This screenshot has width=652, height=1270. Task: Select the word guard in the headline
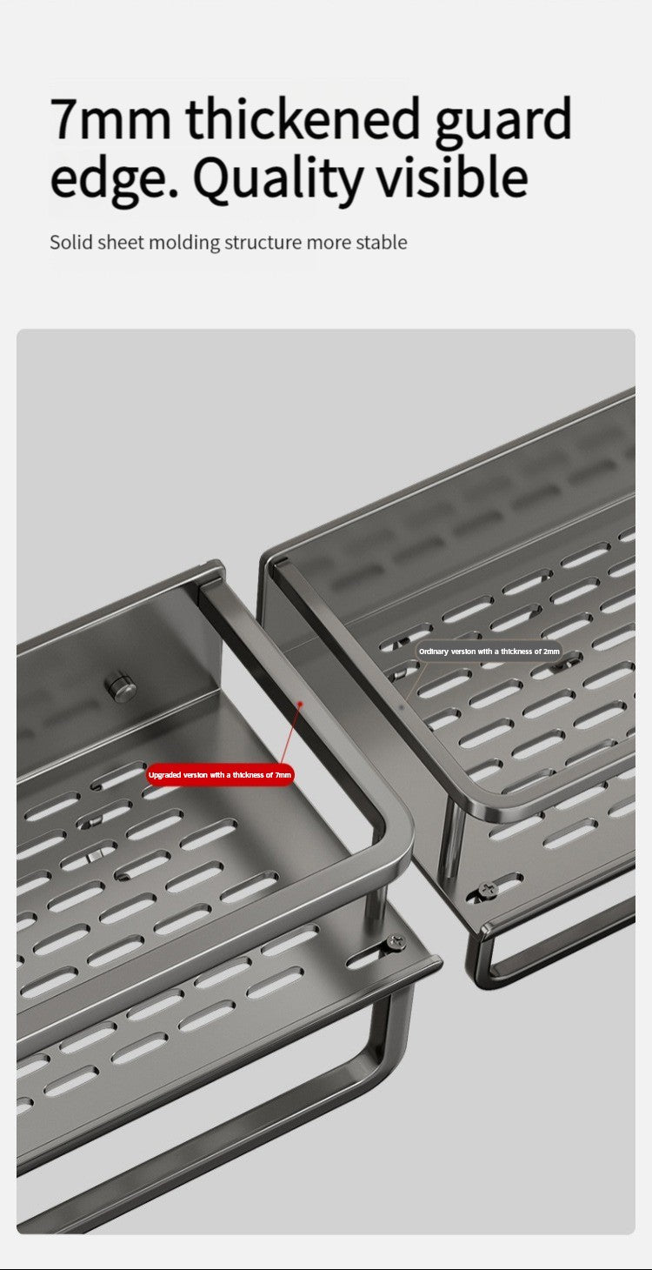point(503,121)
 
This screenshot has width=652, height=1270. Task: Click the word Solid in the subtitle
point(70,242)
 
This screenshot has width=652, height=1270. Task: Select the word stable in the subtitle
point(382,242)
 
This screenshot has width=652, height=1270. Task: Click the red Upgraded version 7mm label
point(220,774)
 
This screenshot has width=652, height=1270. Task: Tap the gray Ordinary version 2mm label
point(489,652)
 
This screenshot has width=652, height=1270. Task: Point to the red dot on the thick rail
point(301,704)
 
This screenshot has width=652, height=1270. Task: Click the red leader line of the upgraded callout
point(291,733)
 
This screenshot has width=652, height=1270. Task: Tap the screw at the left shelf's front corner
point(396,942)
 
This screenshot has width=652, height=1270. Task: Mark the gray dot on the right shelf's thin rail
point(402,707)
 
